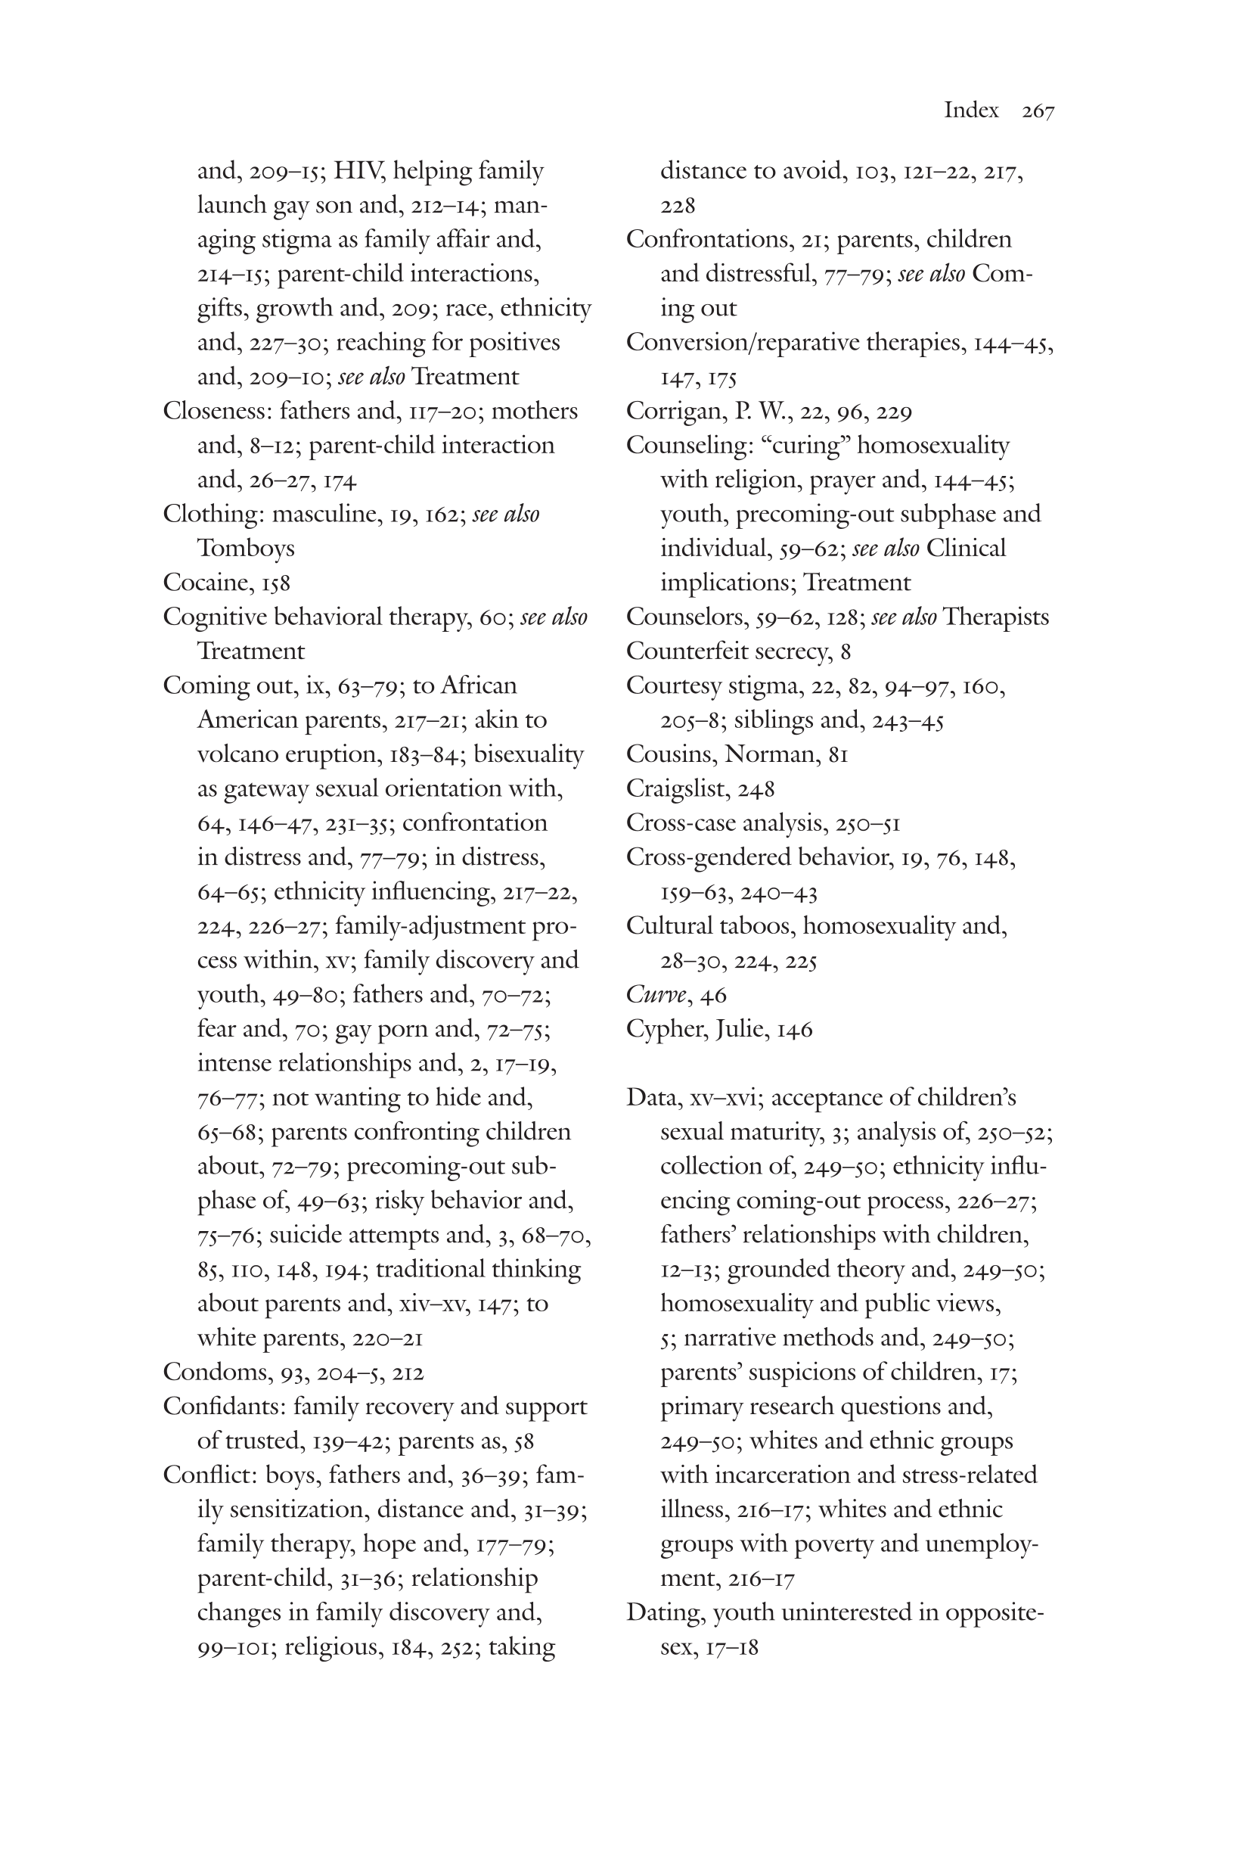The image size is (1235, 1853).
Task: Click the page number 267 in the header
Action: pyautogui.click(x=1038, y=111)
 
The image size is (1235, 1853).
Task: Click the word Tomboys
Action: pyautogui.click(x=246, y=549)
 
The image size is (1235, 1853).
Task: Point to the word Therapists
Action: pyautogui.click(x=995, y=617)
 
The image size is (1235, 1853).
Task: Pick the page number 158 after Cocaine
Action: pyautogui.click(x=276, y=583)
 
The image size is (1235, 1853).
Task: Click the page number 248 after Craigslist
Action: pyautogui.click(x=757, y=788)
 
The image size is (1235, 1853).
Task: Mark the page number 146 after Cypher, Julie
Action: pyautogui.click(x=794, y=1030)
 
